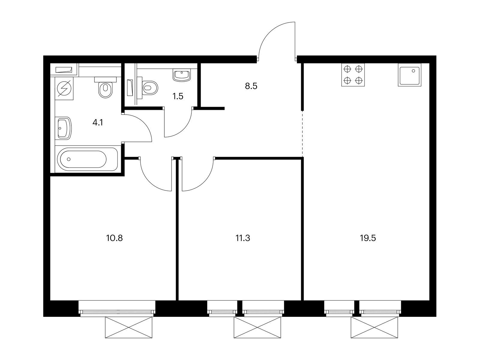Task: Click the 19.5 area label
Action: pyautogui.click(x=368, y=238)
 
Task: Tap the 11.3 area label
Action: pyautogui.click(x=243, y=238)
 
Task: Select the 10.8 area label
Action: pyautogui.click(x=114, y=238)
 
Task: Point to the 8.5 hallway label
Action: pyautogui.click(x=251, y=86)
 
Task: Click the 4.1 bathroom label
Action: pyautogui.click(x=97, y=123)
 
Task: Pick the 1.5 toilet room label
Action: pyautogui.click(x=178, y=96)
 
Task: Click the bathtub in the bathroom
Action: pyautogui.click(x=88, y=159)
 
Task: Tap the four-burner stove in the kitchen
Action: pyautogui.click(x=353, y=75)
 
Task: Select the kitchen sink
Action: pyautogui.click(x=409, y=75)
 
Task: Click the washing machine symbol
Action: pyautogui.click(x=64, y=88)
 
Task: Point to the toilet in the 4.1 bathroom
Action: pyautogui.click(x=105, y=87)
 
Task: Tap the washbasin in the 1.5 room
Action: pyautogui.click(x=181, y=75)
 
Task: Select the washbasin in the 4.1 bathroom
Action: pyautogui.click(x=65, y=128)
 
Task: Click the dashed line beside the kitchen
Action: pyautogui.click(x=302, y=134)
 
